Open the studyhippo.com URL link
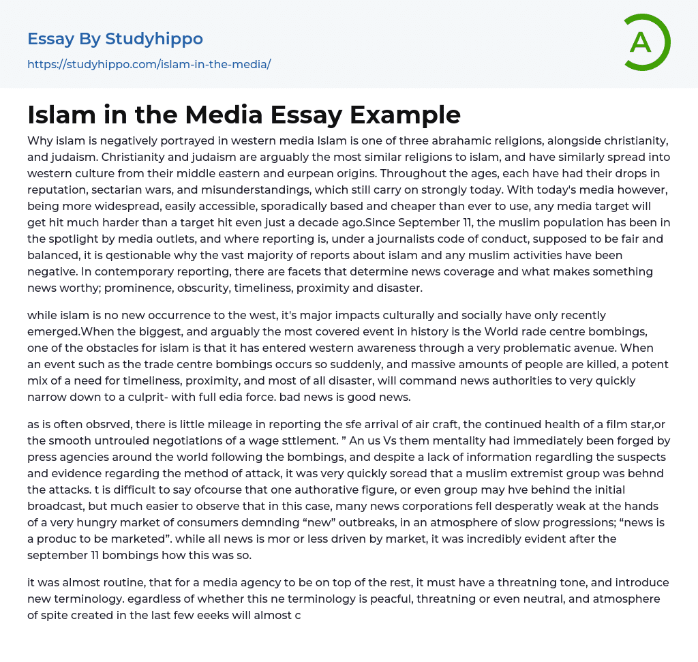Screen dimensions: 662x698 click(x=149, y=64)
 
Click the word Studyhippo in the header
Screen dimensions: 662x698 click(x=154, y=39)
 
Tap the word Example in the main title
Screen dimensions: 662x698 click(x=405, y=115)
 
